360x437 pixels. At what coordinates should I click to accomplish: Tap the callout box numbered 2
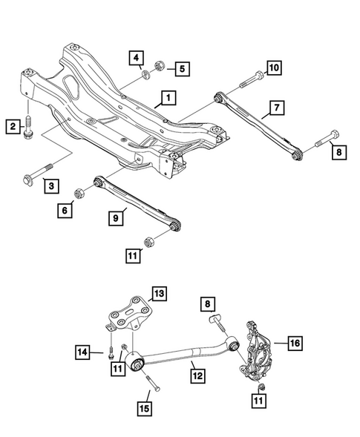(13, 127)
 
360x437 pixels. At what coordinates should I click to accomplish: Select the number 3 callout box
(49, 185)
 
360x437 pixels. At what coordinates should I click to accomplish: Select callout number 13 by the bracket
(158, 294)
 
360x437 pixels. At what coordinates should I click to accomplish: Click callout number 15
(143, 407)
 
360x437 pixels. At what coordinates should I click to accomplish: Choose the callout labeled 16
(295, 343)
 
